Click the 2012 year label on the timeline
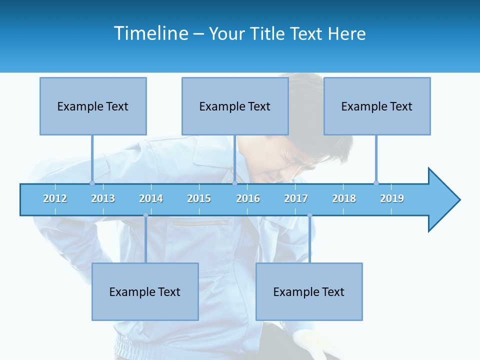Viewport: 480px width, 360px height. point(55,198)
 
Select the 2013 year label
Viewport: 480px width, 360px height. point(103,198)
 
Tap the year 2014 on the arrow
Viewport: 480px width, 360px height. point(151,198)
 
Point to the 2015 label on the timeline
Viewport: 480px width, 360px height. point(199,198)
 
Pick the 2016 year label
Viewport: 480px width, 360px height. point(248,198)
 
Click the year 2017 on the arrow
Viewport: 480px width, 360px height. point(296,198)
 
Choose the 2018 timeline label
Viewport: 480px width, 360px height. point(344,198)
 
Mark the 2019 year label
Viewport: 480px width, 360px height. point(392,198)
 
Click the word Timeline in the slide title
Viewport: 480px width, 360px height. point(150,33)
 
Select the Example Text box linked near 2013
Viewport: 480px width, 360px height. point(93,106)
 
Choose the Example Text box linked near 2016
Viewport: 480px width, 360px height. point(235,106)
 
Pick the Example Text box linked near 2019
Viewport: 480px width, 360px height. point(377,106)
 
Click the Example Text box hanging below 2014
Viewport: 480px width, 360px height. point(145,291)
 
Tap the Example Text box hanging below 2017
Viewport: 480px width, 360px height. point(309,291)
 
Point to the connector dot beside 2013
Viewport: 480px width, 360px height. point(92,183)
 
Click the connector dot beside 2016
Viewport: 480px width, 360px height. point(235,183)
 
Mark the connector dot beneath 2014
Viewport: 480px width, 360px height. point(145,215)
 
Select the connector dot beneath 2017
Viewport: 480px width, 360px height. point(309,215)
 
